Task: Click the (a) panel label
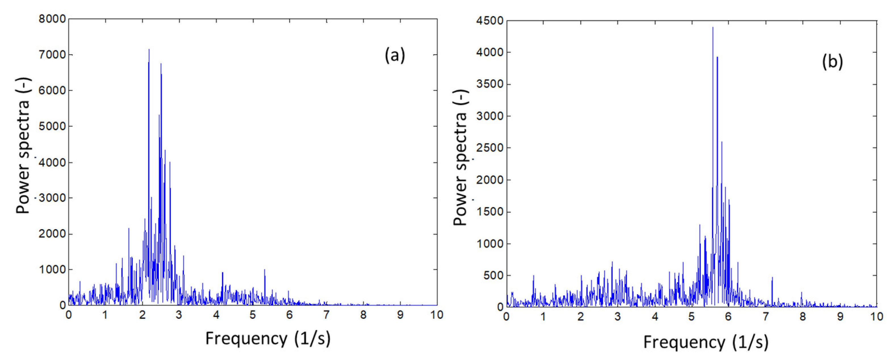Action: click(395, 55)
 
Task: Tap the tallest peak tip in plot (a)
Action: click(149, 49)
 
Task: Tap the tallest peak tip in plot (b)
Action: click(713, 28)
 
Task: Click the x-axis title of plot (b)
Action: click(706, 342)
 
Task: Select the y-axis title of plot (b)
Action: click(460, 158)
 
